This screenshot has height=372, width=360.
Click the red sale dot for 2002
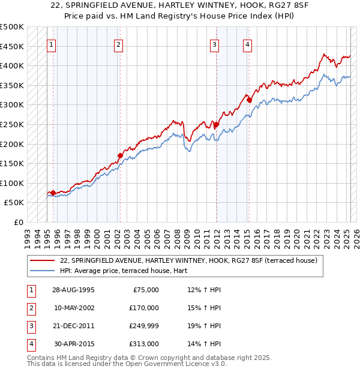120,155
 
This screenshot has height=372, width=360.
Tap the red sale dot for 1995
53,193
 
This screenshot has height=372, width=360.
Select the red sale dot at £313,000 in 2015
249,100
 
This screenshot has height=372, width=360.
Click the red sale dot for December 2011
215,124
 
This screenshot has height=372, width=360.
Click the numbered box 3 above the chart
214,44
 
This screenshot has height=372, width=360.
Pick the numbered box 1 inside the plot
51,44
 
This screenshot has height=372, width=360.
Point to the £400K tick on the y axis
13,65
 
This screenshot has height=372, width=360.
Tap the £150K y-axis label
13,163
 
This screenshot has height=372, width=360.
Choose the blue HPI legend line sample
43,271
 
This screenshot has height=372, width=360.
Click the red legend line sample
43,260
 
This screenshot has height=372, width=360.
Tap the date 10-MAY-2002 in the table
74,308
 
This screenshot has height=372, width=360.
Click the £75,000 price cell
145,290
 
